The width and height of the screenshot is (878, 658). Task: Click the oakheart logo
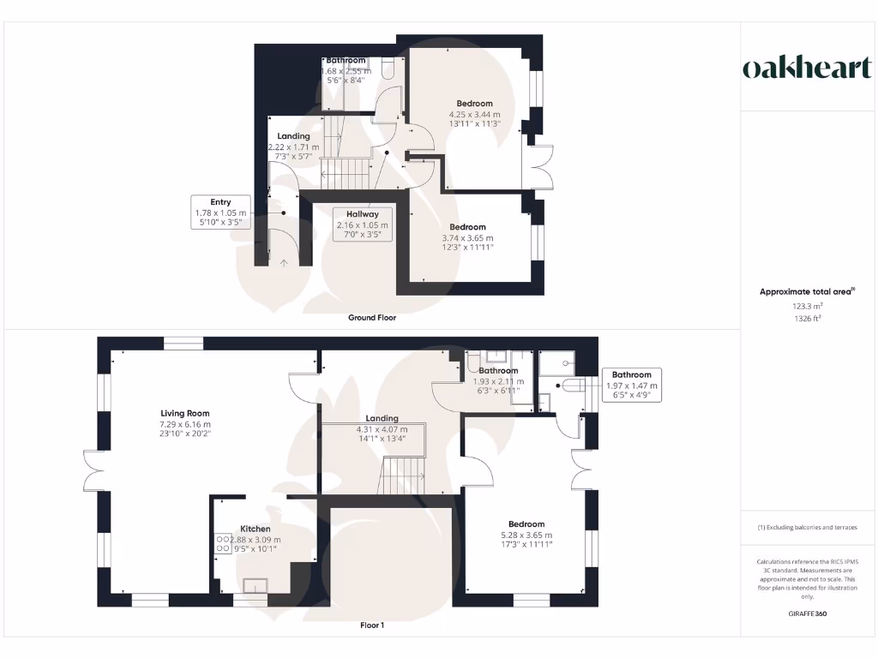(x=807, y=69)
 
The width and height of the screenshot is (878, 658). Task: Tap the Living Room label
(x=185, y=413)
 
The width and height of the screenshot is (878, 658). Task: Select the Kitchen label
(x=255, y=529)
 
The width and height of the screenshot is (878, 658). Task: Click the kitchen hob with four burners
(x=223, y=543)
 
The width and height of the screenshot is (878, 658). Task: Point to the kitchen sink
(x=256, y=586)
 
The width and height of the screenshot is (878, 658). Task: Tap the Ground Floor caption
(x=371, y=317)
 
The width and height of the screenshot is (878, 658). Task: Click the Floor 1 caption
(x=371, y=625)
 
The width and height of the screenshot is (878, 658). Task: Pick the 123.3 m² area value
(x=807, y=305)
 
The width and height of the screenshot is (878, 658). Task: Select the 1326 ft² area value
(x=807, y=318)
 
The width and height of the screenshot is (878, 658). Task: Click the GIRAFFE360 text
(x=807, y=613)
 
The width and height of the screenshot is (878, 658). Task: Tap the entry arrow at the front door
(x=284, y=263)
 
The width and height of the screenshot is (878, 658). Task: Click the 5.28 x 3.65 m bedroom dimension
(x=526, y=535)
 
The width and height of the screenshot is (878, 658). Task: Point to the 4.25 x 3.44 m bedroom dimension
(x=474, y=114)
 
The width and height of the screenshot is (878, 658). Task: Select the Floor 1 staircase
(x=403, y=476)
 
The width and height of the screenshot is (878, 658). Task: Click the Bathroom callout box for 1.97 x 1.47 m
(x=631, y=386)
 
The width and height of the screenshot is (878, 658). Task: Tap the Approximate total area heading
(x=806, y=291)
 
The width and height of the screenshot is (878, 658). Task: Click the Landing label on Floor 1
(x=382, y=419)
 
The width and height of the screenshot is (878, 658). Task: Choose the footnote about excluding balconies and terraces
(x=807, y=527)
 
